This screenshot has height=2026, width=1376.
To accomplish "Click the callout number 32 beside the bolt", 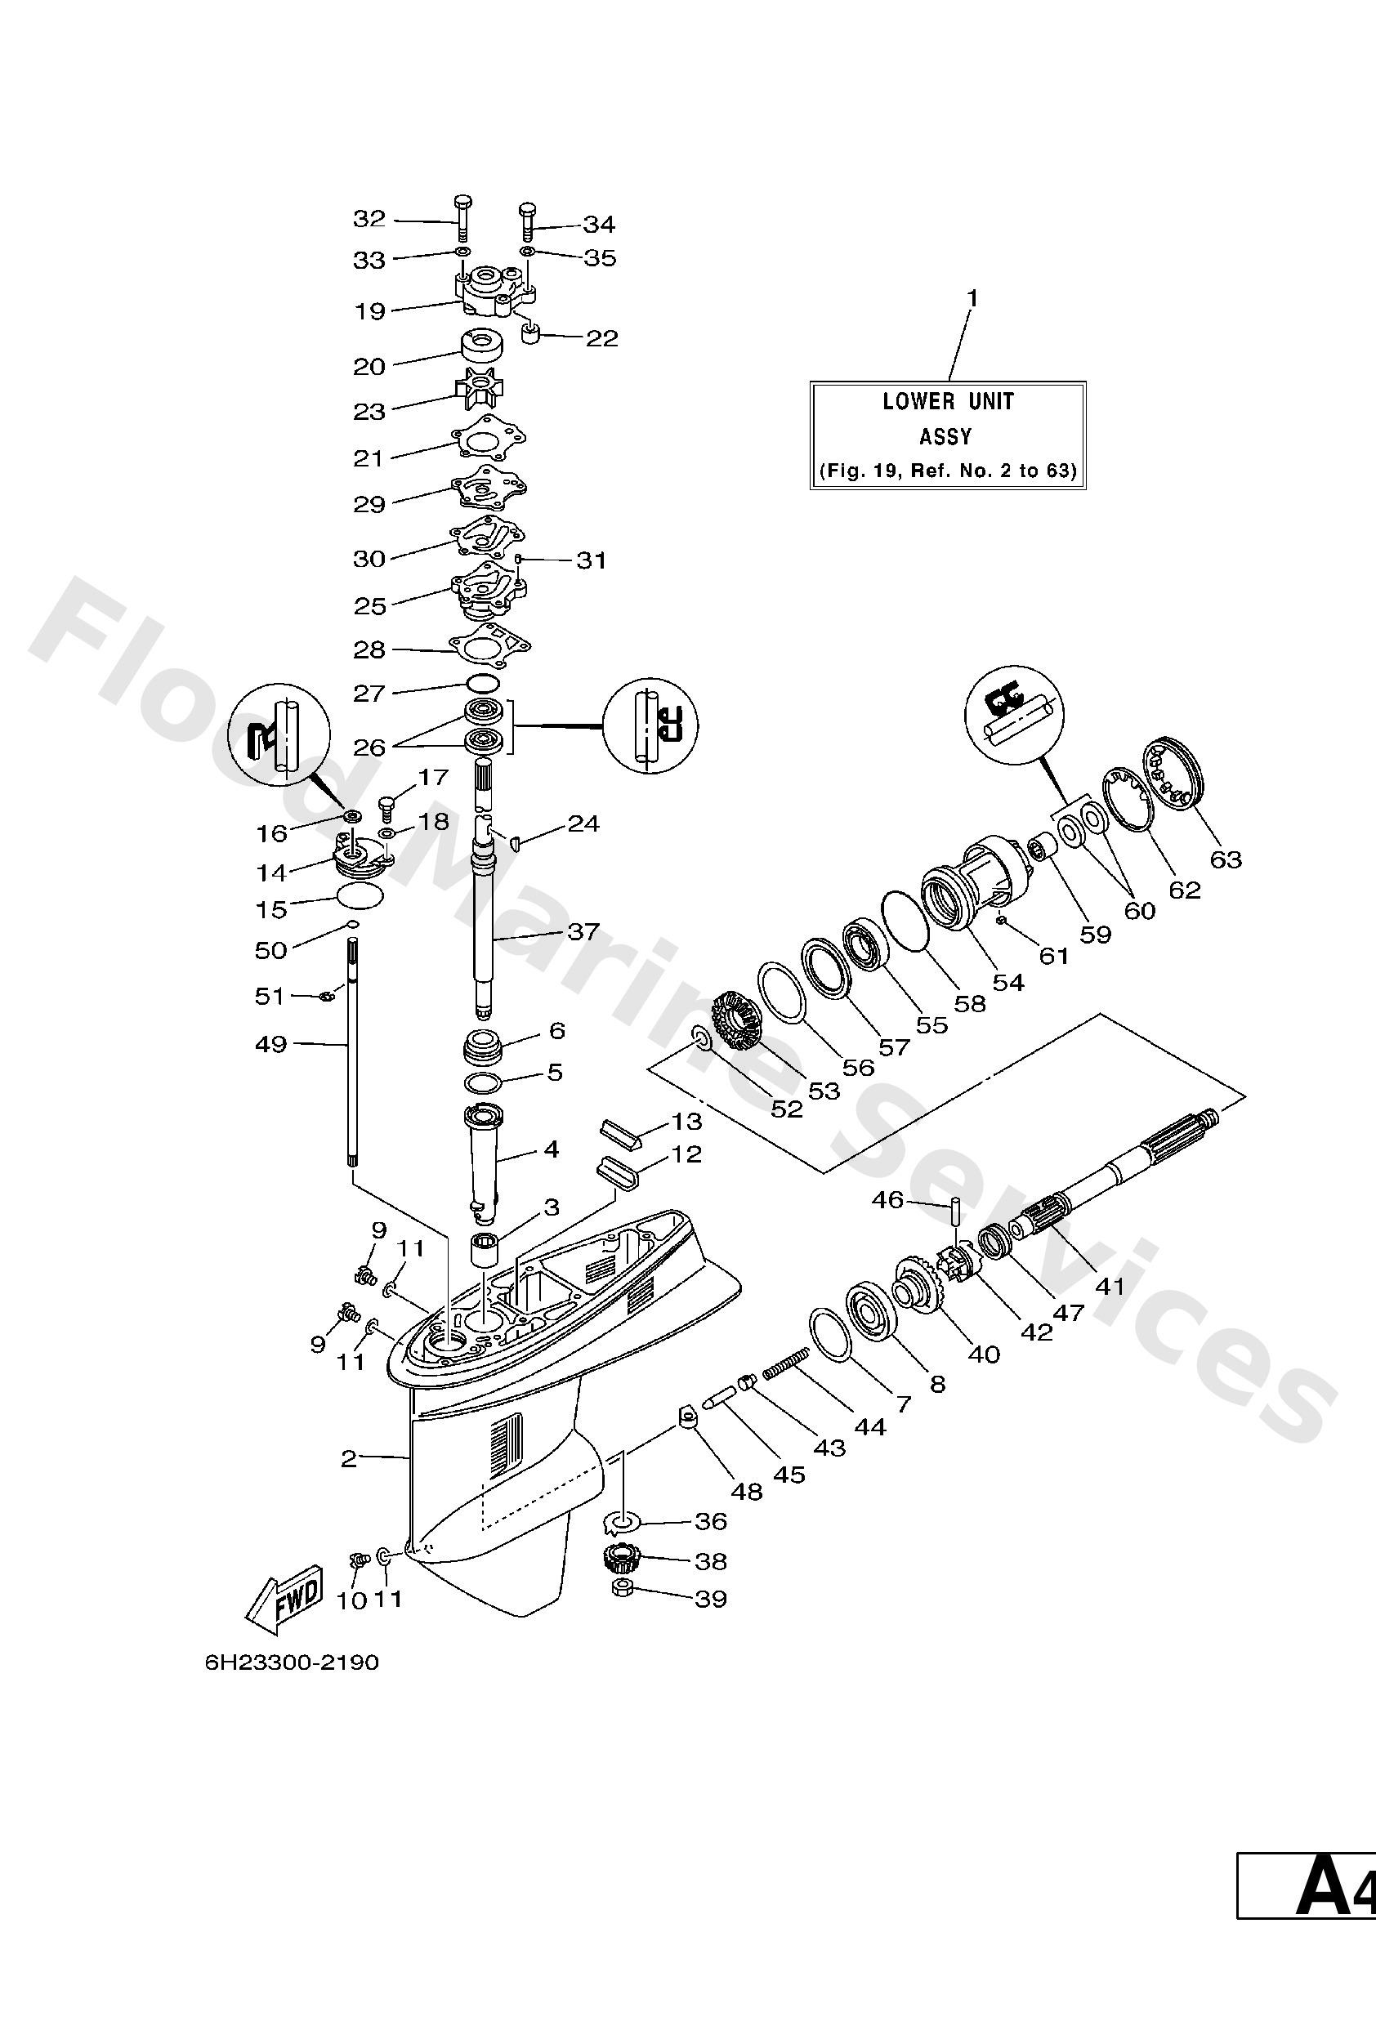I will (x=369, y=219).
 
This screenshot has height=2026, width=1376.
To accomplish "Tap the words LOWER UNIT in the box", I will (x=948, y=402).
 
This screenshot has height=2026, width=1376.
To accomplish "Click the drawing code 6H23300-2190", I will (x=293, y=1662).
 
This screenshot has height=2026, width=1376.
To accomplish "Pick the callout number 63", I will (x=1225, y=859).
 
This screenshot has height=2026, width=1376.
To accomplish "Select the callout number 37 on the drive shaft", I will (x=583, y=932).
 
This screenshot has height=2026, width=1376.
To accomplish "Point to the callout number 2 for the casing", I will (x=349, y=1458).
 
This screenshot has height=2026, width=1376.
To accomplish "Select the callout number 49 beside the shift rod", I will (x=270, y=1043).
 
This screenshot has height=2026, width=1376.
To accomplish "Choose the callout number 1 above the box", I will (x=972, y=299).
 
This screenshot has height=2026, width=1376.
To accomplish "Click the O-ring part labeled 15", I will (x=360, y=896).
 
